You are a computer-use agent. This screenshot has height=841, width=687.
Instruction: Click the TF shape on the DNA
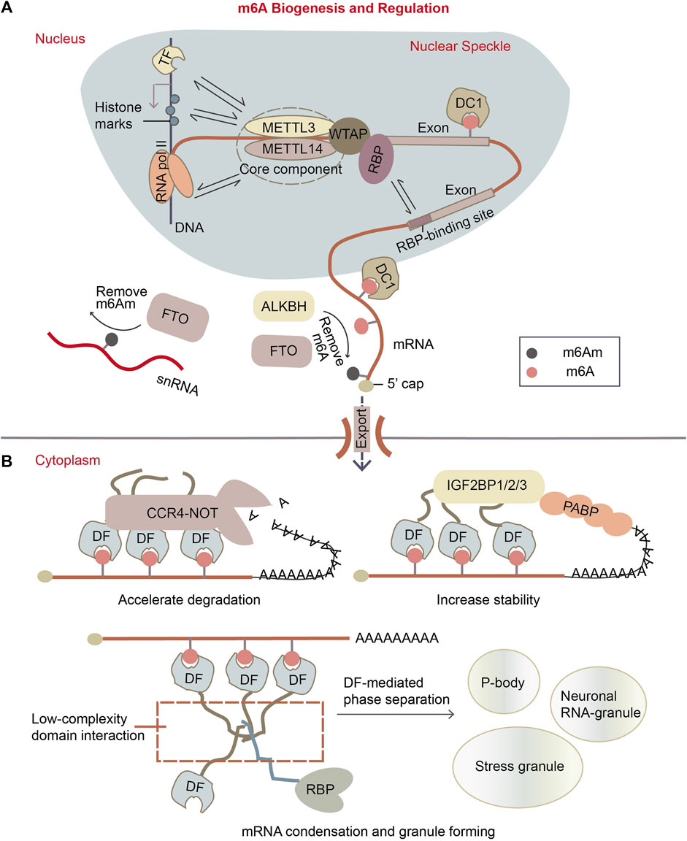click(x=166, y=66)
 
